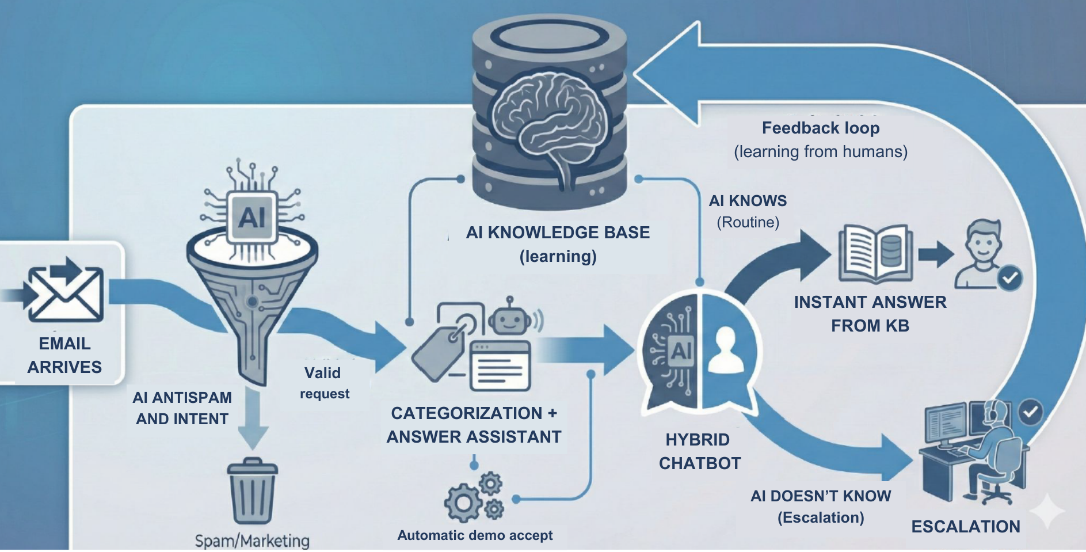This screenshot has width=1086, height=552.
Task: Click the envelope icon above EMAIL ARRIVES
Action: click(65, 293)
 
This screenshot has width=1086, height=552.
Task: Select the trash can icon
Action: click(252, 490)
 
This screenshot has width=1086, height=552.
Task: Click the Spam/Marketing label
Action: click(252, 540)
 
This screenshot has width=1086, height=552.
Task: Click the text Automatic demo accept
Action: click(475, 535)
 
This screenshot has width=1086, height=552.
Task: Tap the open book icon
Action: click(875, 254)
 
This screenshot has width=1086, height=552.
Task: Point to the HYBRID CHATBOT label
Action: click(699, 451)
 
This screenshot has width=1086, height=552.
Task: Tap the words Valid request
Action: click(324, 383)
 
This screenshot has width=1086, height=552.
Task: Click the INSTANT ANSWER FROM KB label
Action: click(870, 314)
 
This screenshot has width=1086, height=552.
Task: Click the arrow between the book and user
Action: click(935, 254)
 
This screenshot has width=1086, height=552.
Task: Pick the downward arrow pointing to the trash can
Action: click(252, 420)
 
